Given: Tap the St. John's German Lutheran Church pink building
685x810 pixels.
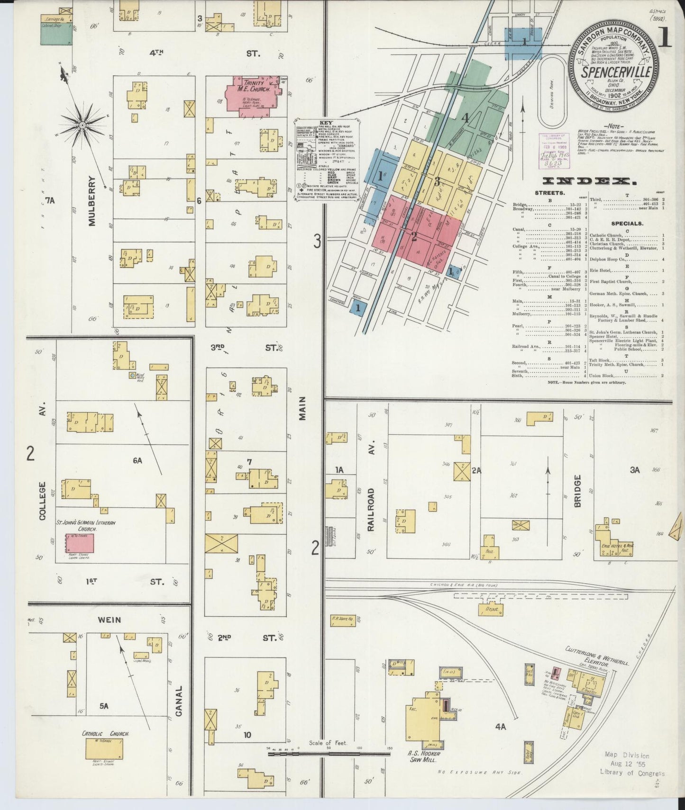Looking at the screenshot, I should pyautogui.click(x=80, y=542).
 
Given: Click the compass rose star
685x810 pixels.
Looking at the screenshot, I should pyautogui.click(x=82, y=125).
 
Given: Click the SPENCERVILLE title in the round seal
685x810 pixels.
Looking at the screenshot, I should pyautogui.click(x=616, y=73).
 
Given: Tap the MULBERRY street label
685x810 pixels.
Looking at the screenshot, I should pyautogui.click(x=92, y=200).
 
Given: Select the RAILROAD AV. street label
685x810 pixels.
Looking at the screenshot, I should pyautogui.click(x=371, y=503).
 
